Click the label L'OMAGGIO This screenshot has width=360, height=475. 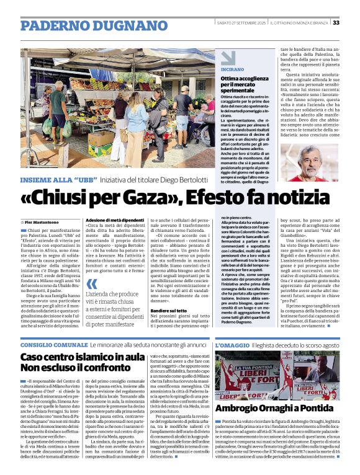232,344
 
